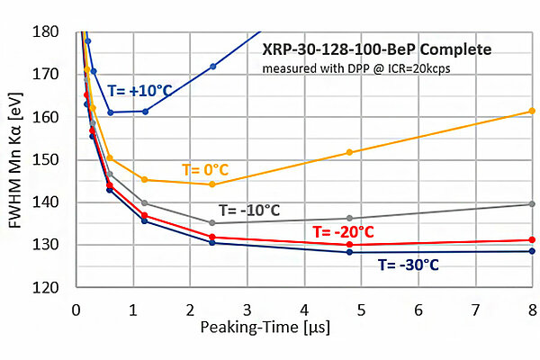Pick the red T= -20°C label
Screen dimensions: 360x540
pos(343,231)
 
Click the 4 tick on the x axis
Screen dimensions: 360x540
pos(304,309)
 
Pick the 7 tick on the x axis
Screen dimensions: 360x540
pos(475,309)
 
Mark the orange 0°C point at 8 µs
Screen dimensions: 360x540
pos(532,111)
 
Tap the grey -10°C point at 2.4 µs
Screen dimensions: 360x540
pos(212,222)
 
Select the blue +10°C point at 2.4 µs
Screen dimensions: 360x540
pos(212,67)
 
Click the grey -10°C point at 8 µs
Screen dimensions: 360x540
pos(532,204)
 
